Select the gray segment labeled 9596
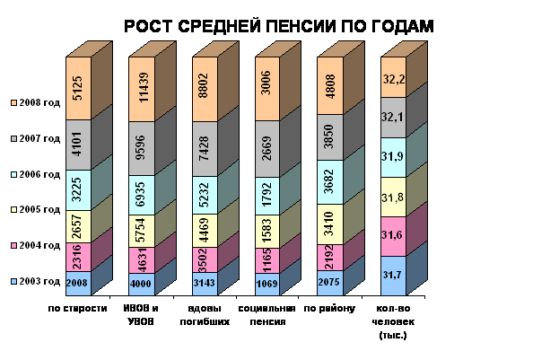coord(142,147)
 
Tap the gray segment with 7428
coord(205,147)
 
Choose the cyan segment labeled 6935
coord(142,194)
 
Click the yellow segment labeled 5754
coord(142,229)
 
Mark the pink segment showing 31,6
coord(394,235)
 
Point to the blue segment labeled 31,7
coord(394,275)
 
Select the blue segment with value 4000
coord(142,284)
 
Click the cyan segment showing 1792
coord(269,192)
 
